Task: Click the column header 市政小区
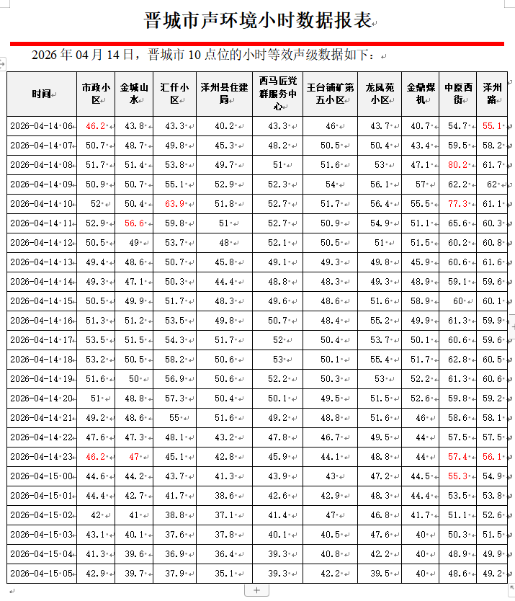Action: tap(96, 94)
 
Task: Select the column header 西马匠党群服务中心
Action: tap(277, 94)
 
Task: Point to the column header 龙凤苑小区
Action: tap(380, 94)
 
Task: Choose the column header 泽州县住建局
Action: tap(223, 94)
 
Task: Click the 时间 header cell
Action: tap(41, 94)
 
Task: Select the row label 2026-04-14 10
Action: tap(42, 204)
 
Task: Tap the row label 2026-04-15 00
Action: tap(42, 476)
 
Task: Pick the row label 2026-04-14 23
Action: tap(42, 457)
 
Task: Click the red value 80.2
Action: tap(457, 165)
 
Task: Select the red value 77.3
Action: tap(457, 204)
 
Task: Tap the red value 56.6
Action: tap(134, 223)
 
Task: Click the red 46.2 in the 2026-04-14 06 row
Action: tap(96, 126)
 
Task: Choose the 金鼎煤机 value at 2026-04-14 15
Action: tap(420, 301)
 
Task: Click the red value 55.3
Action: tap(457, 476)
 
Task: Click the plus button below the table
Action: tap(257, 590)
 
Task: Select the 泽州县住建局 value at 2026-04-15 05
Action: tap(225, 574)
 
